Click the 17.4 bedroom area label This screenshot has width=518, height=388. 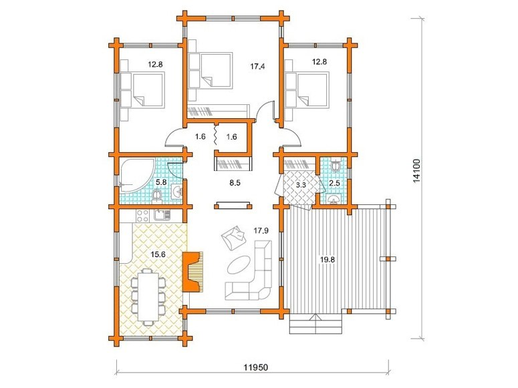click(257, 67)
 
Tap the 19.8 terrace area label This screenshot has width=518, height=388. click(327, 260)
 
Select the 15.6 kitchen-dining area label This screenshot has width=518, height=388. click(158, 254)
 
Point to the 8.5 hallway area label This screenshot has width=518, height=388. click(235, 183)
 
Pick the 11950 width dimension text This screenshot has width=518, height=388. click(256, 367)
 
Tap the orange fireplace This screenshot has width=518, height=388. click(192, 271)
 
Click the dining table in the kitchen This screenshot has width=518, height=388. click(148, 296)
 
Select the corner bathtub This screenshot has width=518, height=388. click(136, 175)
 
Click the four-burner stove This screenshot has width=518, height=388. click(143, 216)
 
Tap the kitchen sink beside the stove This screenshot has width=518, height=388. click(162, 215)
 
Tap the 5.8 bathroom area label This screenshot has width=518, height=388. click(161, 182)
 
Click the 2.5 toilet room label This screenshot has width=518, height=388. click(335, 183)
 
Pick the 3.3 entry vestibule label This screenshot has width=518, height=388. click(301, 185)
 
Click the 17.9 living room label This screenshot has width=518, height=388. click(261, 231)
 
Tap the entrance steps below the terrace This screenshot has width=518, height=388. click(315, 325)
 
